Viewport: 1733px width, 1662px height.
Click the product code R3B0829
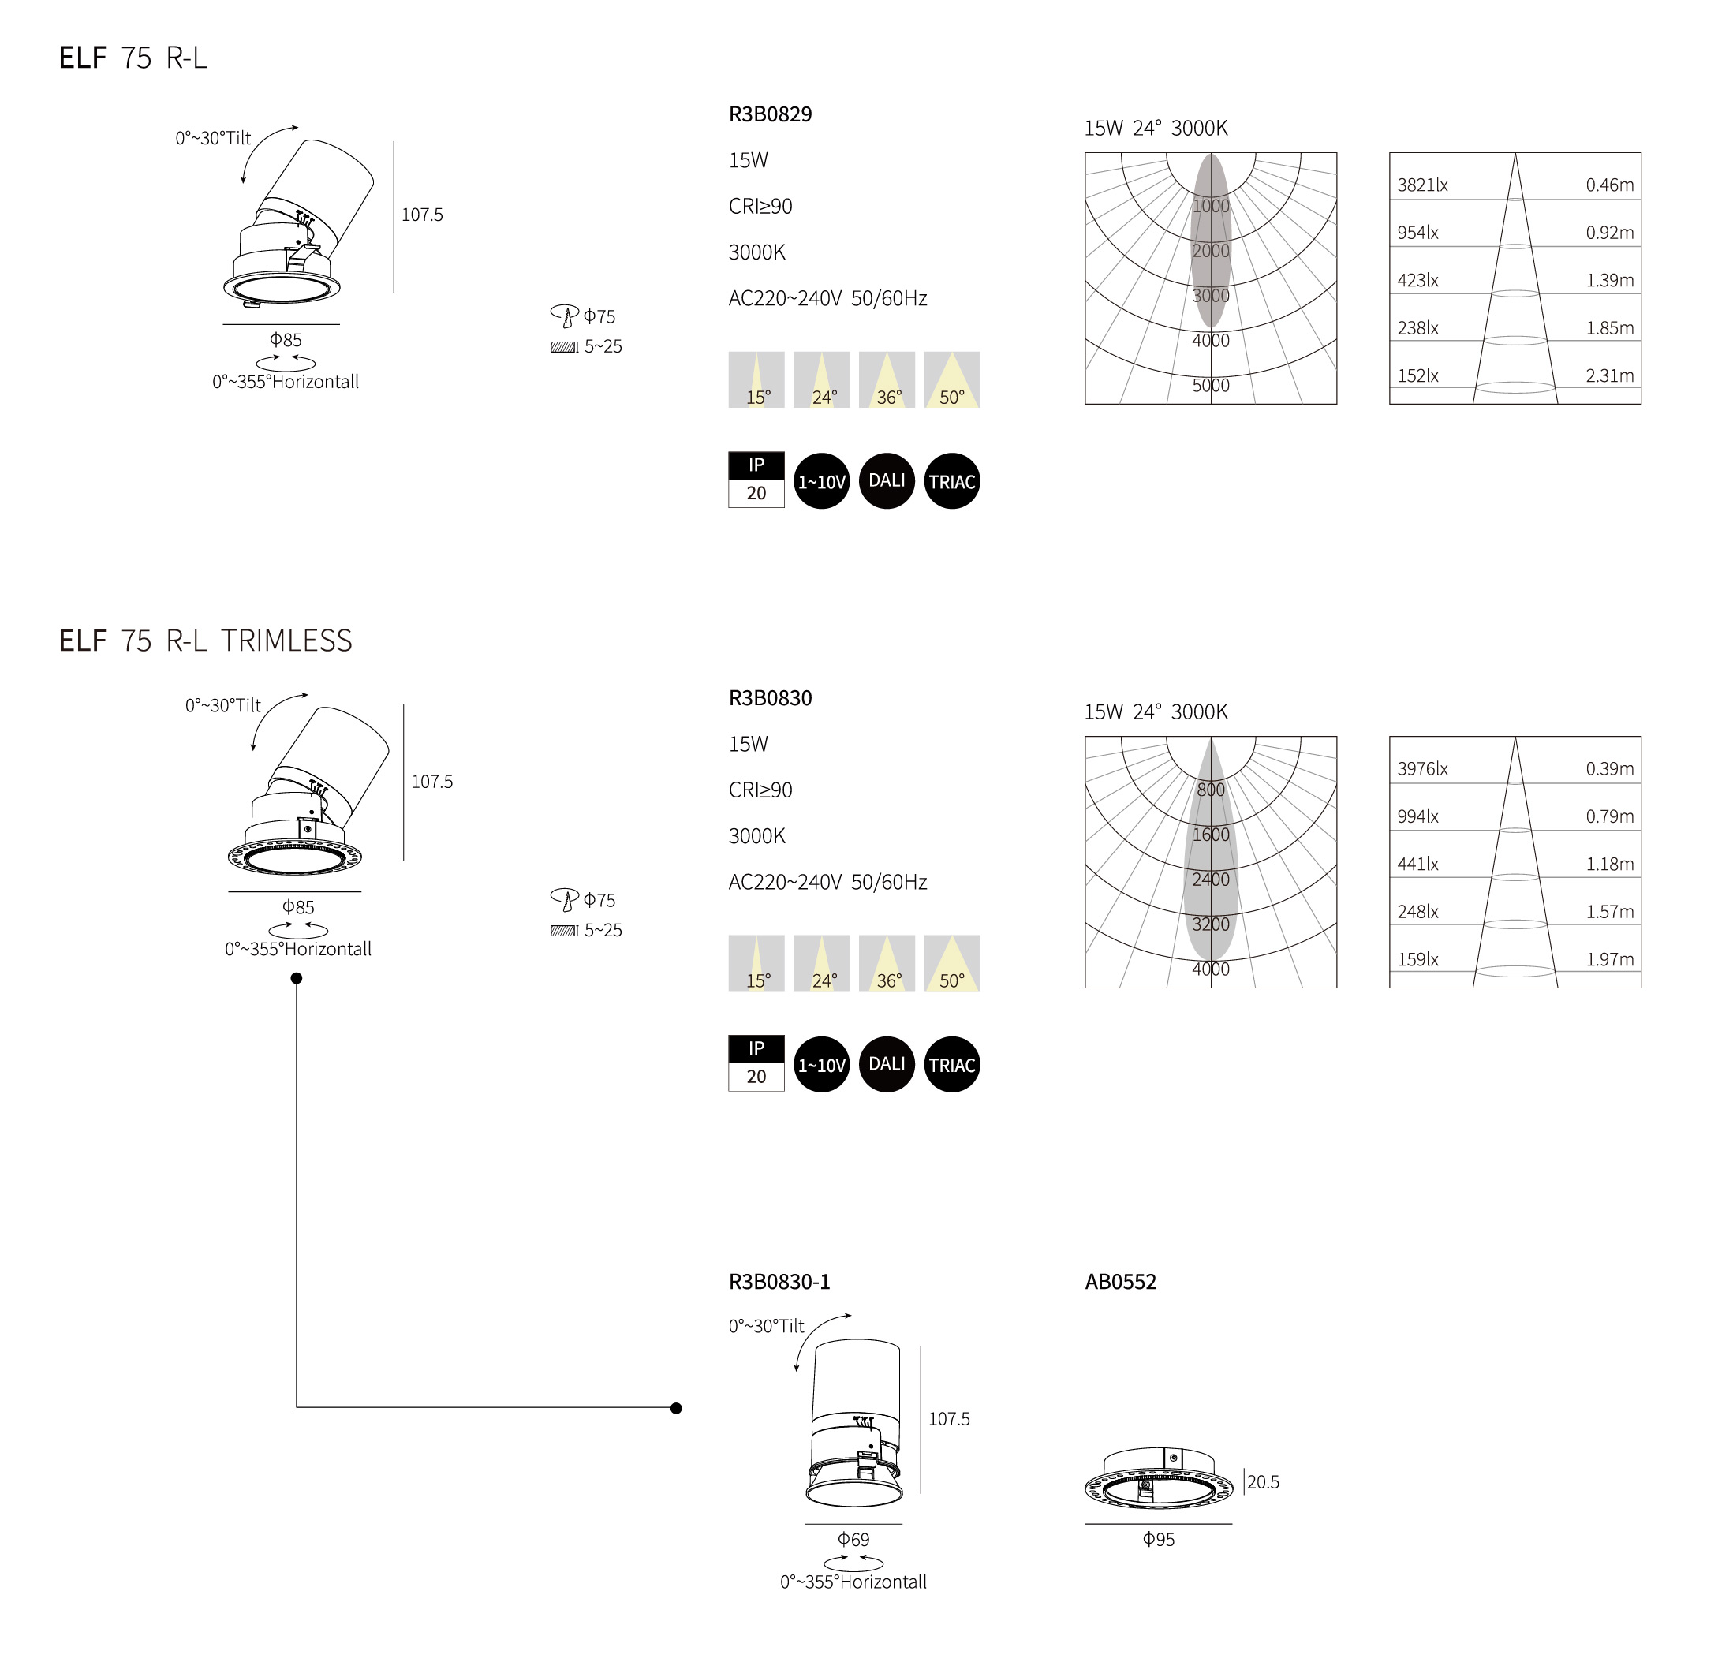[x=769, y=114]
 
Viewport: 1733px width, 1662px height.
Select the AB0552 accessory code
[x=1120, y=1281]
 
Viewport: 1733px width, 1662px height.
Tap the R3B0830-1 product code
[x=779, y=1281]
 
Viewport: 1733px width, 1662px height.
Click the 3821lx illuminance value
[x=1421, y=185]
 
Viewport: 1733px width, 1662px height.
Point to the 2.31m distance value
[x=1609, y=375]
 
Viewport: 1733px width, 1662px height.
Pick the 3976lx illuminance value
[x=1421, y=768]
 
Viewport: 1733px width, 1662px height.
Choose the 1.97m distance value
[x=1609, y=959]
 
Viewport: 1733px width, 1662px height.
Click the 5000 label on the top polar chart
[x=1211, y=386]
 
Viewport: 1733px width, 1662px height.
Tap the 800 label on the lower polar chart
[x=1211, y=790]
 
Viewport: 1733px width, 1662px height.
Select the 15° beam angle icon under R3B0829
[x=756, y=380]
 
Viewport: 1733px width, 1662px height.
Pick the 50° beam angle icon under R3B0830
[x=951, y=964]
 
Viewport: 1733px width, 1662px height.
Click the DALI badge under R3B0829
[x=886, y=481]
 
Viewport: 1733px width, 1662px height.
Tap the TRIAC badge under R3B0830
[x=951, y=1064]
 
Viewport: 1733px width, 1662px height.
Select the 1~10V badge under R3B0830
[x=821, y=1064]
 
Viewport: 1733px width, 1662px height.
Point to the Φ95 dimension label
[x=1158, y=1539]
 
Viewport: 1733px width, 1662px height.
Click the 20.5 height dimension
[x=1263, y=1481]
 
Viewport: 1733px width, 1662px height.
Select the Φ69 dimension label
[x=853, y=1539]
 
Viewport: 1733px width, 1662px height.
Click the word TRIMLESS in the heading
[x=286, y=640]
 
